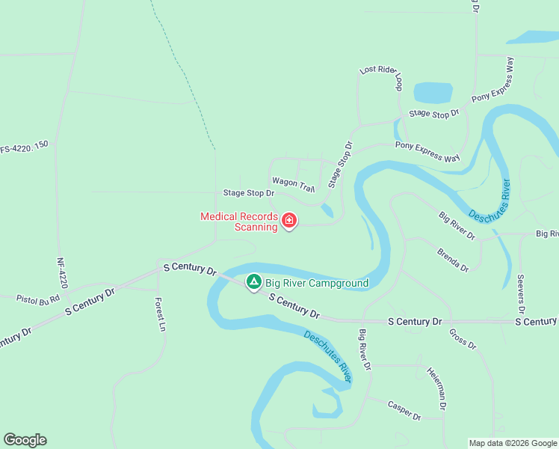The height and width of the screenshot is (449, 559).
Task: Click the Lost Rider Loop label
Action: coord(381,77)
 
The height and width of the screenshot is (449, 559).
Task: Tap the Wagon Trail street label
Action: coord(294,183)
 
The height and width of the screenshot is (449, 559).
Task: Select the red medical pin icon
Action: coord(289,221)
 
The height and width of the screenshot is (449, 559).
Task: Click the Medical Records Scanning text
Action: coord(239,222)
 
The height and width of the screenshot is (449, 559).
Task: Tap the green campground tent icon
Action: coord(254,282)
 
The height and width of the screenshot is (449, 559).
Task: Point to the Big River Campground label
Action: coord(317,284)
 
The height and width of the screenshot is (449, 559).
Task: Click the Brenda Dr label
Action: coord(453,258)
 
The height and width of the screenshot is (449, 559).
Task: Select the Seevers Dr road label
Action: coord(521,293)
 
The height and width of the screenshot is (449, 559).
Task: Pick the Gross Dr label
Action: coord(463,338)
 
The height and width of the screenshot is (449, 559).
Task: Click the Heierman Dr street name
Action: coord(437,388)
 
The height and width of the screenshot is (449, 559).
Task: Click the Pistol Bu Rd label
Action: coord(37,298)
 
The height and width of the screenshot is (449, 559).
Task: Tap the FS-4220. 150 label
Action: coord(24,147)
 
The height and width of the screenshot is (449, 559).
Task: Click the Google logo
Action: coord(25,440)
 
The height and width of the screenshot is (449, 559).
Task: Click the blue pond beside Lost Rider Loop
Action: coord(433,93)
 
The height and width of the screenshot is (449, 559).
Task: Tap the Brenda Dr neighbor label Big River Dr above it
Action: coord(457,226)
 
